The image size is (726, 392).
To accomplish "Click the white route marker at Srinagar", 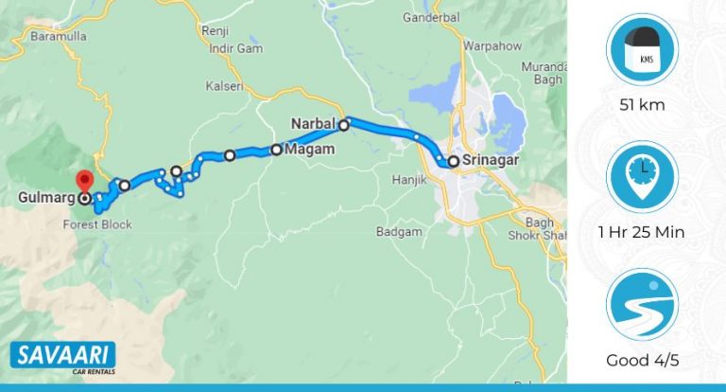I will [454, 162].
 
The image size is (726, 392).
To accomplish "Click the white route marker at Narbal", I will [344, 124].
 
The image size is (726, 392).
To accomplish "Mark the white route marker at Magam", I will [276, 149].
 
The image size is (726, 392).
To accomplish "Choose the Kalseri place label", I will [224, 86].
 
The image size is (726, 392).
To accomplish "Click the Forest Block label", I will [97, 224].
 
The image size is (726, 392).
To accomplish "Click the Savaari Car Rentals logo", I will [62, 358].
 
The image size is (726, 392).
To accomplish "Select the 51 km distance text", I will [641, 105].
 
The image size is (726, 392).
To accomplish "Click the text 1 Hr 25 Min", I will [641, 232].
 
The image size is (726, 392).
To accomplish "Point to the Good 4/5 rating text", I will [641, 360].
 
